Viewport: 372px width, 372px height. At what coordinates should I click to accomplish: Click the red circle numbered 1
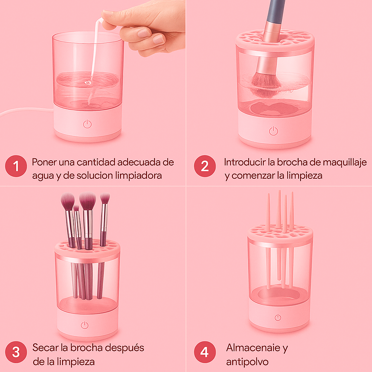coord(16,166)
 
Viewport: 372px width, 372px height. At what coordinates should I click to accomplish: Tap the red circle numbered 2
coord(205,166)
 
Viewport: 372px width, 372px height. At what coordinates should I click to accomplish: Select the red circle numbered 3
coord(16,352)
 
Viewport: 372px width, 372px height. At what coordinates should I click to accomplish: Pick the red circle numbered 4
coord(205,352)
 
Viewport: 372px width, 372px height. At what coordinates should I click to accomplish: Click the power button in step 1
coord(87,124)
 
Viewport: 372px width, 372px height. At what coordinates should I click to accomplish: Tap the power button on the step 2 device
coord(273,131)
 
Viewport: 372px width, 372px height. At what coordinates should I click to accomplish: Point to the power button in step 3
coord(85,325)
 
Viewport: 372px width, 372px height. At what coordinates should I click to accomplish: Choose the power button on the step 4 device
coord(278,317)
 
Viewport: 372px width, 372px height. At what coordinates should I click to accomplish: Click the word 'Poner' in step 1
coord(44,162)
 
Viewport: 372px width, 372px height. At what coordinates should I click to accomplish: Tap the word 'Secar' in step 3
coord(45,348)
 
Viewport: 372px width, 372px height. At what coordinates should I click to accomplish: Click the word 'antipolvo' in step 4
coord(247,362)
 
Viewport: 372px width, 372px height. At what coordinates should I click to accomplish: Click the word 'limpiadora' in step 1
coord(138,175)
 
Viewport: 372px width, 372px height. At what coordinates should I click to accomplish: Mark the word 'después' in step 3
coord(124,348)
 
